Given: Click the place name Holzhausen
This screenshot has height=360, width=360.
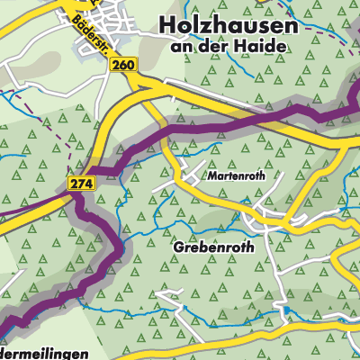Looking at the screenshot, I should tap(227, 25).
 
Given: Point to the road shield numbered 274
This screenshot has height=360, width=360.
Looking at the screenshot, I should tap(77, 184).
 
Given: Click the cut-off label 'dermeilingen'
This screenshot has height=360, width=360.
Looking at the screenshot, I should tap(43, 354).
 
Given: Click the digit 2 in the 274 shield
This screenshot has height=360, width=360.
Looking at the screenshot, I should tap(71, 184).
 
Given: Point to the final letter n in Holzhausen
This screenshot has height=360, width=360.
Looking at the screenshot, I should tap(290, 25).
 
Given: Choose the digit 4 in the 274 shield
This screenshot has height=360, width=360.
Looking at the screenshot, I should tap(84, 184).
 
